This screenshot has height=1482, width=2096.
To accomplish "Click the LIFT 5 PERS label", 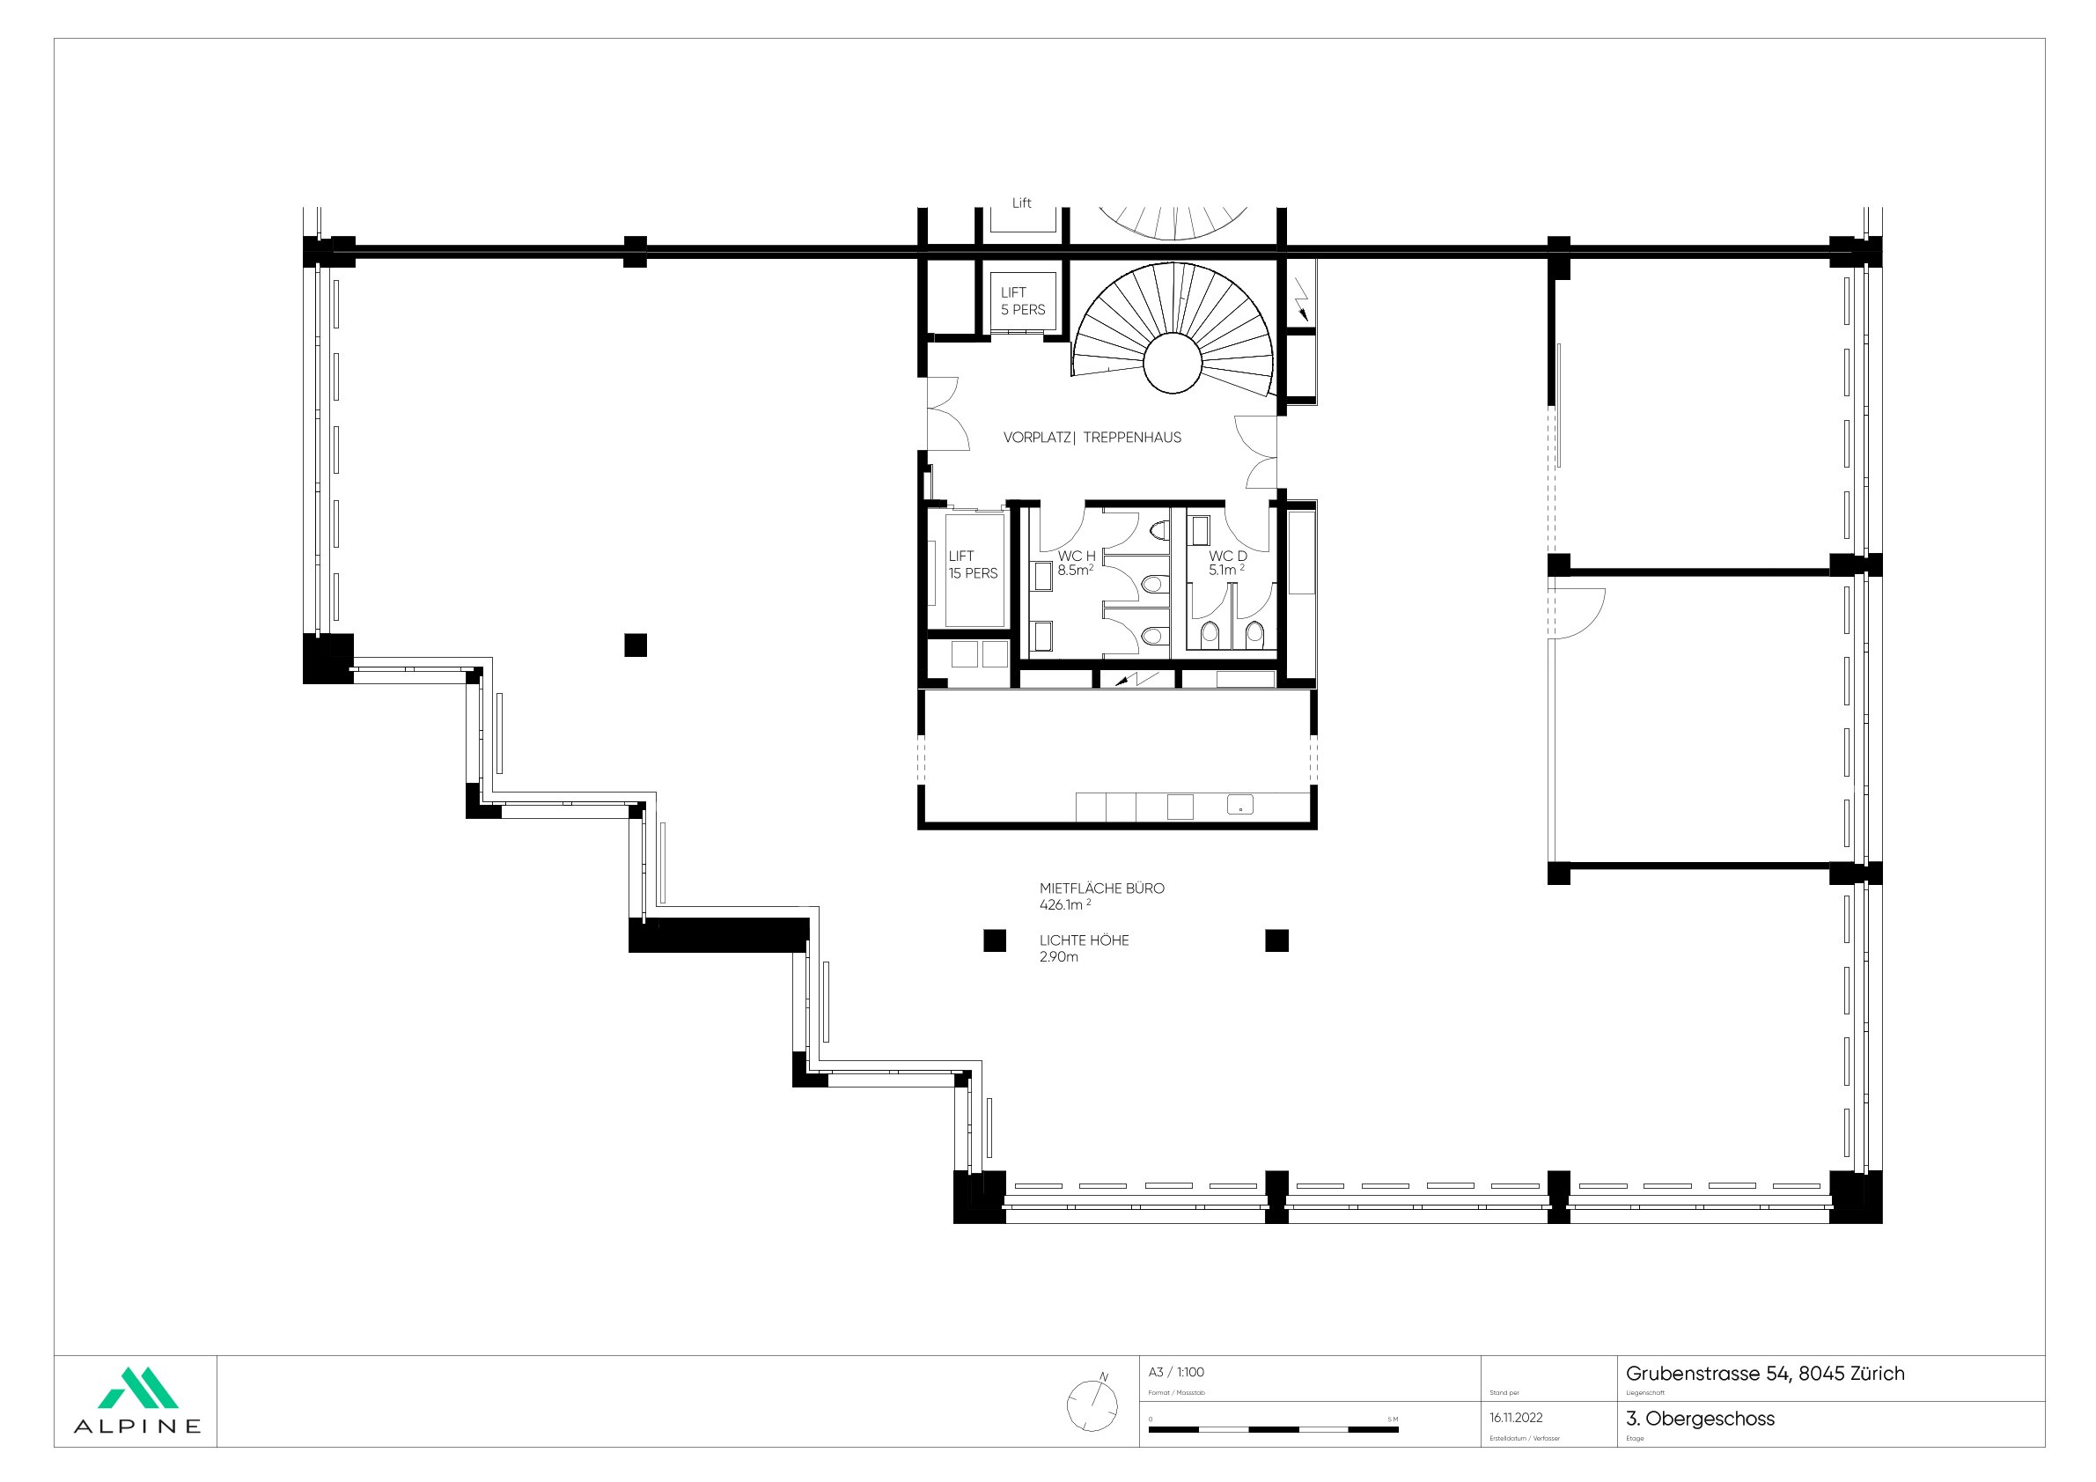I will pos(1022,301).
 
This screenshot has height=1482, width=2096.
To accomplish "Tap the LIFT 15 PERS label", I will pos(972,564).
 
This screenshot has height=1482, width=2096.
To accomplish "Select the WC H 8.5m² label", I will pos(1076,564).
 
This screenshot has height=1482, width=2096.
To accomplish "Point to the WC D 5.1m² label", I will pos(1227,563).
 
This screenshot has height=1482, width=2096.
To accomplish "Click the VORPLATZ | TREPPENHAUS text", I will pos(1092,438).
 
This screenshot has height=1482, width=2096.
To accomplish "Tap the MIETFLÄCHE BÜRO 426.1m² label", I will pos(1101,896).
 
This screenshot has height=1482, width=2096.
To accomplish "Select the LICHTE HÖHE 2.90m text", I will pos(1084,947).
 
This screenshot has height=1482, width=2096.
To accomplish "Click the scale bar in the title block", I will pos(1273,1429).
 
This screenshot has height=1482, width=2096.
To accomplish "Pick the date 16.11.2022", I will pos(1515,1418).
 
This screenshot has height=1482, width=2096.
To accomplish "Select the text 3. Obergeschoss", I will pos(1700,1419).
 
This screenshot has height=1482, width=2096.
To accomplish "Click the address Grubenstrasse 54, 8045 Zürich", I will pos(1765,1374).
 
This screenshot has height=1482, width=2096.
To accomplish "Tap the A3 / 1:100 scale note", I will pos(1176,1372).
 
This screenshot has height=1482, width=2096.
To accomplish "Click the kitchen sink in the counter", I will pos(1239,806).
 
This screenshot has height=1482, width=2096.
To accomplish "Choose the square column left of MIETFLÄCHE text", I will pos(994,940).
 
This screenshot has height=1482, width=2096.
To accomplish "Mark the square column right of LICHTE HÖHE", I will pos(1276,940).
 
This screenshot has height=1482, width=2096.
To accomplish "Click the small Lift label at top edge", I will pos(1021,203).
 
